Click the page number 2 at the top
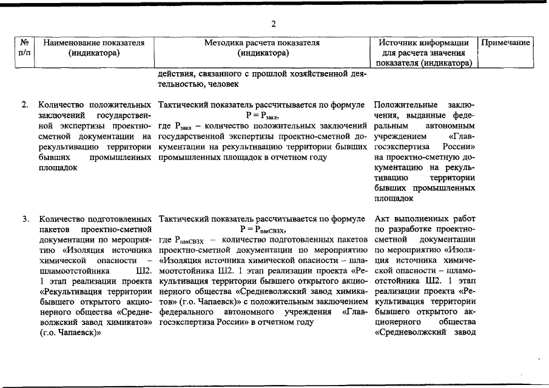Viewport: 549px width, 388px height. point(274,24)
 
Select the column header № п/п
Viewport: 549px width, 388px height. point(25,48)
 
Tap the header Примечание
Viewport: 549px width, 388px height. point(507,43)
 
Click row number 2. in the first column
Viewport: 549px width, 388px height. point(25,104)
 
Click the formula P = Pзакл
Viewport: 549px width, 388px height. point(262,115)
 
